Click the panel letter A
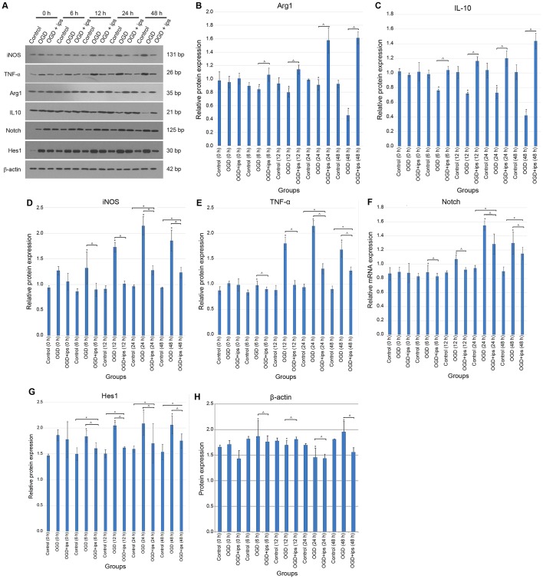coord(5,6)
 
